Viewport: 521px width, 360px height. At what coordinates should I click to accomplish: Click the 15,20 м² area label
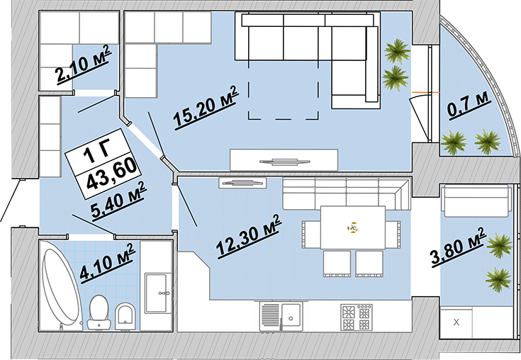[206, 107]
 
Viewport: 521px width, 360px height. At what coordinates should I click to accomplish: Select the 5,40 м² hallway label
[118, 201]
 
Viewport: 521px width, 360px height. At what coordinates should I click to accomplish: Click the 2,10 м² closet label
[83, 64]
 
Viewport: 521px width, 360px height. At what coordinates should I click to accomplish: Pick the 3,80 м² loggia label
[459, 246]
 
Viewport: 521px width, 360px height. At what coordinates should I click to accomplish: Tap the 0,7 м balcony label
[469, 104]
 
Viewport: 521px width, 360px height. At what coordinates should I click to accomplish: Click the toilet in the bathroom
[99, 313]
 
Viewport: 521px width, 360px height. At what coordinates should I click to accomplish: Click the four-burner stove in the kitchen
[356, 317]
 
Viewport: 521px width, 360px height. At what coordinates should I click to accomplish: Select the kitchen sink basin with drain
[291, 317]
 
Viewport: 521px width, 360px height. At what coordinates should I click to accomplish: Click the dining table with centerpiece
[352, 227]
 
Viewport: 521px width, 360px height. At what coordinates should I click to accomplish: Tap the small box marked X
[456, 322]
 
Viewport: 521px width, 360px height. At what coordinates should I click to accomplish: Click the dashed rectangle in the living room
[283, 90]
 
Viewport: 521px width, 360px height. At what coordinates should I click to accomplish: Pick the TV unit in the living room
[284, 160]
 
